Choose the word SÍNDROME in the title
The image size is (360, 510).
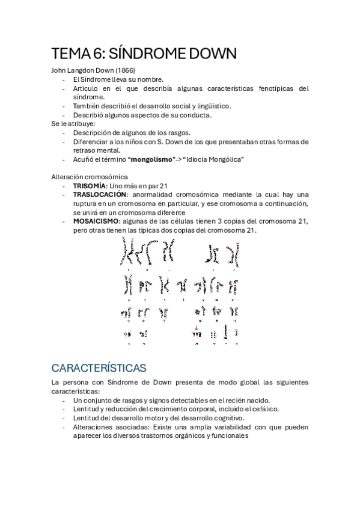157,54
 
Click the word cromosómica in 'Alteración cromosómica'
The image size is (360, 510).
108,177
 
